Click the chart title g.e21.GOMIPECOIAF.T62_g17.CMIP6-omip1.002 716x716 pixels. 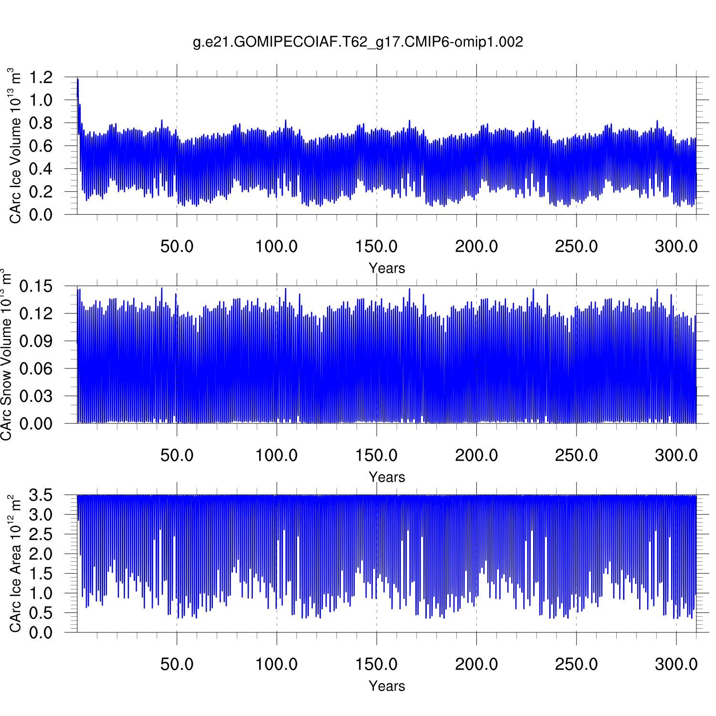point(358,42)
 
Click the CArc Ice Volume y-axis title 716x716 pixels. point(15,146)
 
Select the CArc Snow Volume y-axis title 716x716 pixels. point(6,354)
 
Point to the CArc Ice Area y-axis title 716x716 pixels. point(15,563)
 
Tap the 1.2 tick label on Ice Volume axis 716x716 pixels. point(41,77)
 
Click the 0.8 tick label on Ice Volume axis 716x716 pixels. point(41,123)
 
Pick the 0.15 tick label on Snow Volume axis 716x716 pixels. point(36,286)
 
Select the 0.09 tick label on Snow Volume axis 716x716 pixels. point(36,341)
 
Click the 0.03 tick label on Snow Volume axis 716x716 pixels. point(36,396)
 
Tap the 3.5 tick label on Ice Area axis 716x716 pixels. point(41,495)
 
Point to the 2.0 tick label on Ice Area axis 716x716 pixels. point(41,554)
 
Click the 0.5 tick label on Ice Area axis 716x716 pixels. point(41,613)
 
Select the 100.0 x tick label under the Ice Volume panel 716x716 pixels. point(276,247)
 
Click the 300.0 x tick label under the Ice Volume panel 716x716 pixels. point(676,247)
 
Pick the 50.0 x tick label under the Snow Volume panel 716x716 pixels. point(177,455)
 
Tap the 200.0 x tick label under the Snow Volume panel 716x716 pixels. point(476,455)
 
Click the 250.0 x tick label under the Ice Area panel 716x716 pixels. point(576,664)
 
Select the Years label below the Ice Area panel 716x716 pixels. point(387,686)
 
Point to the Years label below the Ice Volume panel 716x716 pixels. point(387,268)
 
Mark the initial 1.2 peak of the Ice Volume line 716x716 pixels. point(77,80)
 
